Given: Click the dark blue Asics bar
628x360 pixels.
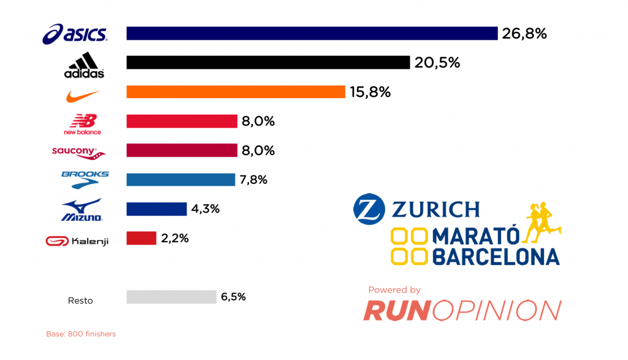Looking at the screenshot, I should [312, 33].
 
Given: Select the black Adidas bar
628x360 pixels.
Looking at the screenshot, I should [267, 63].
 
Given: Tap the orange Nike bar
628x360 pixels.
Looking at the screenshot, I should [235, 92].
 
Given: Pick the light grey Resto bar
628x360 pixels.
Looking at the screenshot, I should [171, 297].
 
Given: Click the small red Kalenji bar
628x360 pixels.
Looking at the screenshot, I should [141, 238].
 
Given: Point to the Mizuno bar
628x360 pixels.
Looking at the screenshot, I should [156, 209].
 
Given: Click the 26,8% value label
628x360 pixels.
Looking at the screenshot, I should [524, 34].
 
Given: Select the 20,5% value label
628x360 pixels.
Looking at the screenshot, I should [437, 63].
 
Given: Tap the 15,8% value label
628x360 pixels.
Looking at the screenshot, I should [370, 92].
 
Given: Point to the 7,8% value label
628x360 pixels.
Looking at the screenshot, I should [253, 180].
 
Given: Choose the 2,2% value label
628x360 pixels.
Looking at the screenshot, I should [174, 239].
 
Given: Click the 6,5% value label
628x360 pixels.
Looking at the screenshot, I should [233, 297].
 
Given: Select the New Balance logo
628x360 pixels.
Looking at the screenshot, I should [83, 124].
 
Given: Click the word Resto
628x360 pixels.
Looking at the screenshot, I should [80, 301].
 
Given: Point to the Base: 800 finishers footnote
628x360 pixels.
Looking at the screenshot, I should [81, 334].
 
